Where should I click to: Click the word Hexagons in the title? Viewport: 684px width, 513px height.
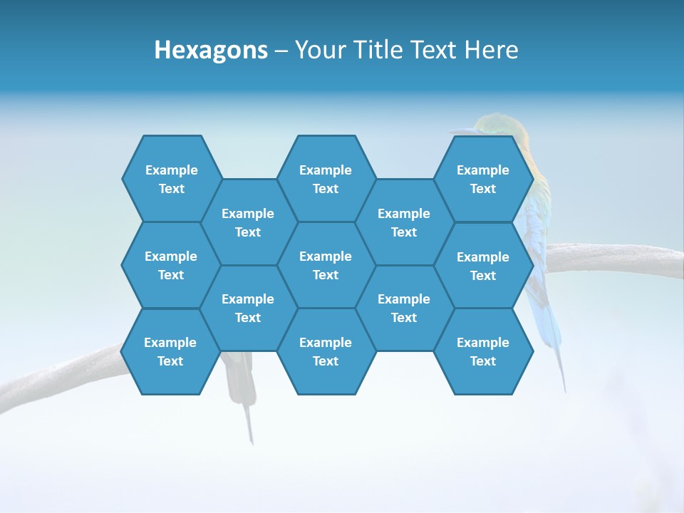pos(211,50)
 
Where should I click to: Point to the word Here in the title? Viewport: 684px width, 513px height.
pos(492,50)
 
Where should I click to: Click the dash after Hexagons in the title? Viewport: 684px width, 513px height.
pos(281,51)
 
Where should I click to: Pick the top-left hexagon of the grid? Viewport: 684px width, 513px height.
pos(171,179)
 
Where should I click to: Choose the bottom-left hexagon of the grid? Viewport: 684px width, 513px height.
pos(170,351)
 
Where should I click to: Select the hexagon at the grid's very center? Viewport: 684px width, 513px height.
pos(326,265)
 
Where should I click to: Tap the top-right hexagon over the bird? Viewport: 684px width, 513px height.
pos(483,179)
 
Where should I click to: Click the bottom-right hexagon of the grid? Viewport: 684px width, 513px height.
pos(483,351)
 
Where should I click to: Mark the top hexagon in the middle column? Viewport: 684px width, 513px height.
pos(326,179)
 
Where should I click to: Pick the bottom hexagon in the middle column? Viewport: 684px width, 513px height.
pos(326,351)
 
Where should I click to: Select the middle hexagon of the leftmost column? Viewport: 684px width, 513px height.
pos(171,265)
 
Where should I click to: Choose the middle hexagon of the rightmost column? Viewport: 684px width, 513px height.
pos(483,266)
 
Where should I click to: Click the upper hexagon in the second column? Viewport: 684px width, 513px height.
pos(248,222)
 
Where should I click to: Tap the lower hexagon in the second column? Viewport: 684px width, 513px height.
pos(248,308)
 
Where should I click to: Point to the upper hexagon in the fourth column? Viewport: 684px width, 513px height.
pos(404,222)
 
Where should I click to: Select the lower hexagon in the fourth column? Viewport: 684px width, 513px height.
pos(404,308)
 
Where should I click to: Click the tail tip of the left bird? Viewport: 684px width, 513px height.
pos(251,438)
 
